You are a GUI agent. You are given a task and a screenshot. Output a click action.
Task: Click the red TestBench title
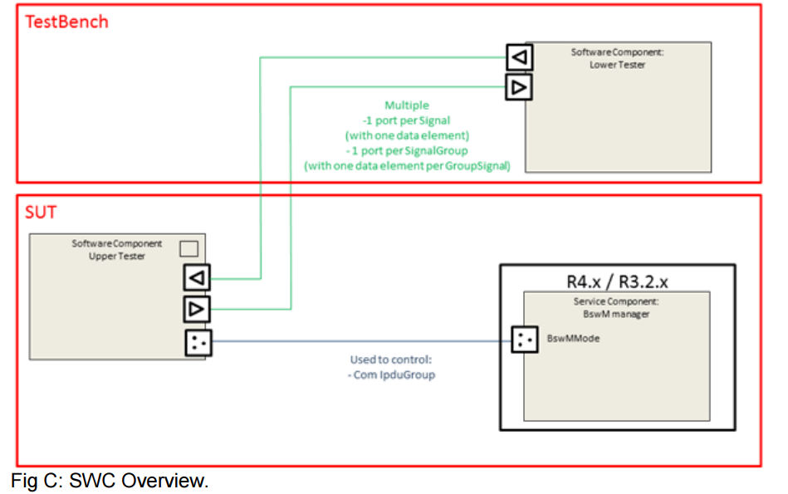(67, 22)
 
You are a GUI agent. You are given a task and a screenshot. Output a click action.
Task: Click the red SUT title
(41, 212)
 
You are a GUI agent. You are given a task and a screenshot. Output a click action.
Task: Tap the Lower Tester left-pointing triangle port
(519, 57)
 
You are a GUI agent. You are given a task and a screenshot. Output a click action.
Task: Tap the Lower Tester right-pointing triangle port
(519, 86)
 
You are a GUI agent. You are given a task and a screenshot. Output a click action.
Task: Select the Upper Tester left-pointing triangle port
(198, 277)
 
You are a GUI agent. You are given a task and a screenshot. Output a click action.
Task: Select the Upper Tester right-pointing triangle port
(198, 310)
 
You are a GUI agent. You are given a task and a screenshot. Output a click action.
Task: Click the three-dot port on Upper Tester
(198, 341)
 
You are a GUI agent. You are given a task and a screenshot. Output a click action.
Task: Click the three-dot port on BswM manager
(524, 339)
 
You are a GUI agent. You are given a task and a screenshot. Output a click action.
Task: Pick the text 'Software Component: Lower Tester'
(617, 58)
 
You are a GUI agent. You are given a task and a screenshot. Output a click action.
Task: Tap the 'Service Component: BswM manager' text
(616, 307)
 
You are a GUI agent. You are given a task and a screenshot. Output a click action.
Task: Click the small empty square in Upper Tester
(188, 248)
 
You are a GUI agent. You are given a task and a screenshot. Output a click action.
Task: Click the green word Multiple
(407, 105)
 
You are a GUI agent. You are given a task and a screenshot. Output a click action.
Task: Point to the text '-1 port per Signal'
(407, 120)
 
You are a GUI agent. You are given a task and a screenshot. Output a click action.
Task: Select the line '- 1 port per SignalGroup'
(407, 150)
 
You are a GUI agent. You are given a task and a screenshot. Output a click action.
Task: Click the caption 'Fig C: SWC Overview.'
(110, 481)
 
